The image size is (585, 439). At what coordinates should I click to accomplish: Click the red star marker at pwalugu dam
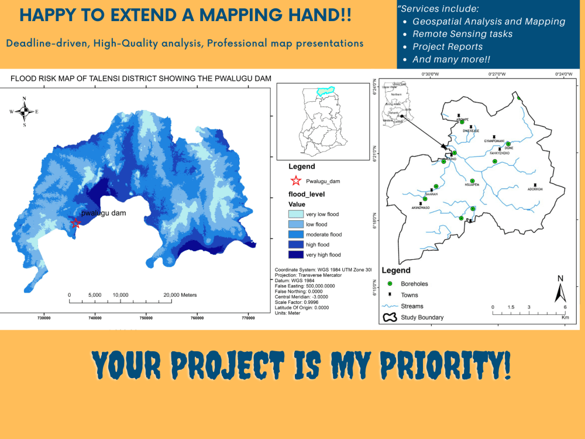click(75, 223)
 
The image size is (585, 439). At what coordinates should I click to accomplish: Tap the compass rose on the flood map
click(24, 111)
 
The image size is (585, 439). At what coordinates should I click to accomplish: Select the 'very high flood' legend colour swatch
click(295, 255)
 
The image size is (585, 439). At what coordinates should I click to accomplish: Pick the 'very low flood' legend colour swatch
click(295, 214)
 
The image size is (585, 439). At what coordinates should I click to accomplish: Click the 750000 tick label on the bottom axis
click(146, 318)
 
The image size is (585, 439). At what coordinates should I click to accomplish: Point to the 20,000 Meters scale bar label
click(180, 294)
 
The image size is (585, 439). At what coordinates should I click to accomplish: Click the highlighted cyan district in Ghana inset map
click(325, 91)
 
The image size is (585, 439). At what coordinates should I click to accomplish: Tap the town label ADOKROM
click(535, 189)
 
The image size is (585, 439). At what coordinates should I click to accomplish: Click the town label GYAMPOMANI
click(494, 140)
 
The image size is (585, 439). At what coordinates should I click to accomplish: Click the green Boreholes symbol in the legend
click(389, 284)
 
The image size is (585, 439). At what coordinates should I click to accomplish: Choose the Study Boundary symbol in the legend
click(389, 318)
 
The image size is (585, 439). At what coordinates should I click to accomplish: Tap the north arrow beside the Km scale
click(560, 289)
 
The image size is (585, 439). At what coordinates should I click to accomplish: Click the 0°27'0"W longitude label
click(497, 74)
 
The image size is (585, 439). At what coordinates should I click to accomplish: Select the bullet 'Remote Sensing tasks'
click(462, 34)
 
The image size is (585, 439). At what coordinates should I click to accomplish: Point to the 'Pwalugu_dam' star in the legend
click(295, 181)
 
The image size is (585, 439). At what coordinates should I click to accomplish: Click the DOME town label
click(510, 148)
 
